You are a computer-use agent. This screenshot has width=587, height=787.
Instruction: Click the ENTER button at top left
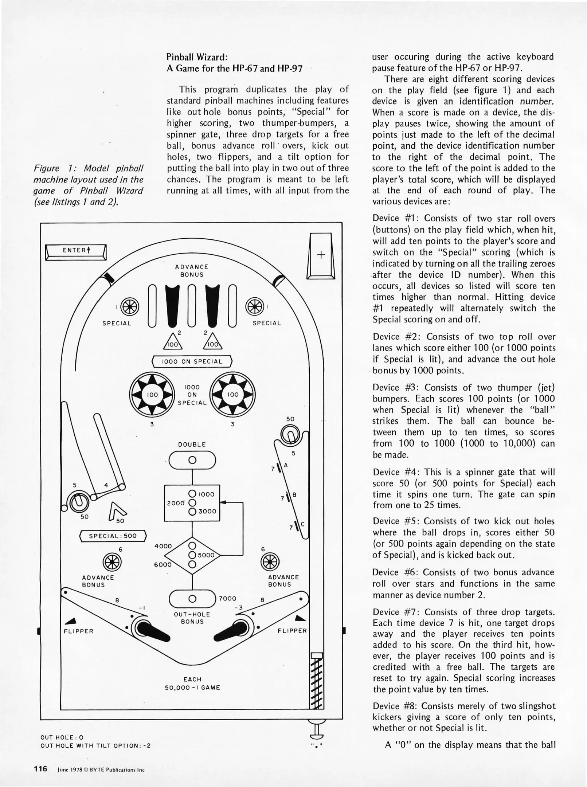(x=76, y=251)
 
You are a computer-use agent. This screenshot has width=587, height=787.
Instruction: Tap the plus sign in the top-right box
(x=321, y=255)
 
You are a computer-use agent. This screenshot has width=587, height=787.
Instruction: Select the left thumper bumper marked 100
(x=152, y=395)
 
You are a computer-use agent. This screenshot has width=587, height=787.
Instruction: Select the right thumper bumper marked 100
(x=233, y=395)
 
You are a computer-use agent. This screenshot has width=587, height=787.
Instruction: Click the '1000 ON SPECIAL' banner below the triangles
(x=192, y=361)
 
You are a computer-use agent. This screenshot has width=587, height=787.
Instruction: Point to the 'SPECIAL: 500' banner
(x=113, y=536)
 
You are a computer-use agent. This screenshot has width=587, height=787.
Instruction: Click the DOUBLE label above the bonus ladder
(x=192, y=445)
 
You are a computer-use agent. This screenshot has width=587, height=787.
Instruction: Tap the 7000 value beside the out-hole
(x=228, y=599)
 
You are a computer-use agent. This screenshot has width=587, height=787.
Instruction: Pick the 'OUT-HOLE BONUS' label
(x=192, y=618)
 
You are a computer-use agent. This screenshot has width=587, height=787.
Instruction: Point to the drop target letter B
(x=294, y=495)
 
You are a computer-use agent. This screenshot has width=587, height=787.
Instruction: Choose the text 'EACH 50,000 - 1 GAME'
(x=192, y=684)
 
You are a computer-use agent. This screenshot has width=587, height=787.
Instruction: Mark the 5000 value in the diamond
(x=206, y=556)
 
